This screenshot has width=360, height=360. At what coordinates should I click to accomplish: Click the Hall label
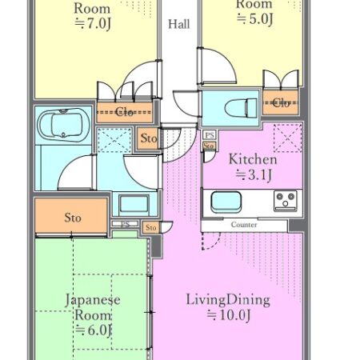[179, 23]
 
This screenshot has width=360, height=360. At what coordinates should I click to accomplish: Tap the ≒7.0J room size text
[92, 25]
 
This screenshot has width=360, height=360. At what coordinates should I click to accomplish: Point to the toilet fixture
[241, 106]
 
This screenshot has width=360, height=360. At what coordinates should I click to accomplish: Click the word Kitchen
[253, 159]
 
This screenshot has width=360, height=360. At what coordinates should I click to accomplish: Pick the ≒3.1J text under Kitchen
[252, 174]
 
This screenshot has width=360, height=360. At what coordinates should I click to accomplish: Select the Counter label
[243, 226]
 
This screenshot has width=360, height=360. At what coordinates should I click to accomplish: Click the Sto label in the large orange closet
[72, 217]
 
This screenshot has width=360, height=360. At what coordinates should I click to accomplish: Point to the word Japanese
[92, 300]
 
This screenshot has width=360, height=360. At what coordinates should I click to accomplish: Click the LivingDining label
[228, 300]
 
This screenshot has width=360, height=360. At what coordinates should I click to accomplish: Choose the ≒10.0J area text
[228, 316]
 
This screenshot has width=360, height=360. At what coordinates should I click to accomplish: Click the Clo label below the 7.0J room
[125, 112]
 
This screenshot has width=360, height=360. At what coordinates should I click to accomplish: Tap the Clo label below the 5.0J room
[281, 102]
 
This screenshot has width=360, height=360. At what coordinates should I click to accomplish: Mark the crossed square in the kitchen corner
[287, 137]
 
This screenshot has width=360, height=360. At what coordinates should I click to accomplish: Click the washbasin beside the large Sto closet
[133, 204]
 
